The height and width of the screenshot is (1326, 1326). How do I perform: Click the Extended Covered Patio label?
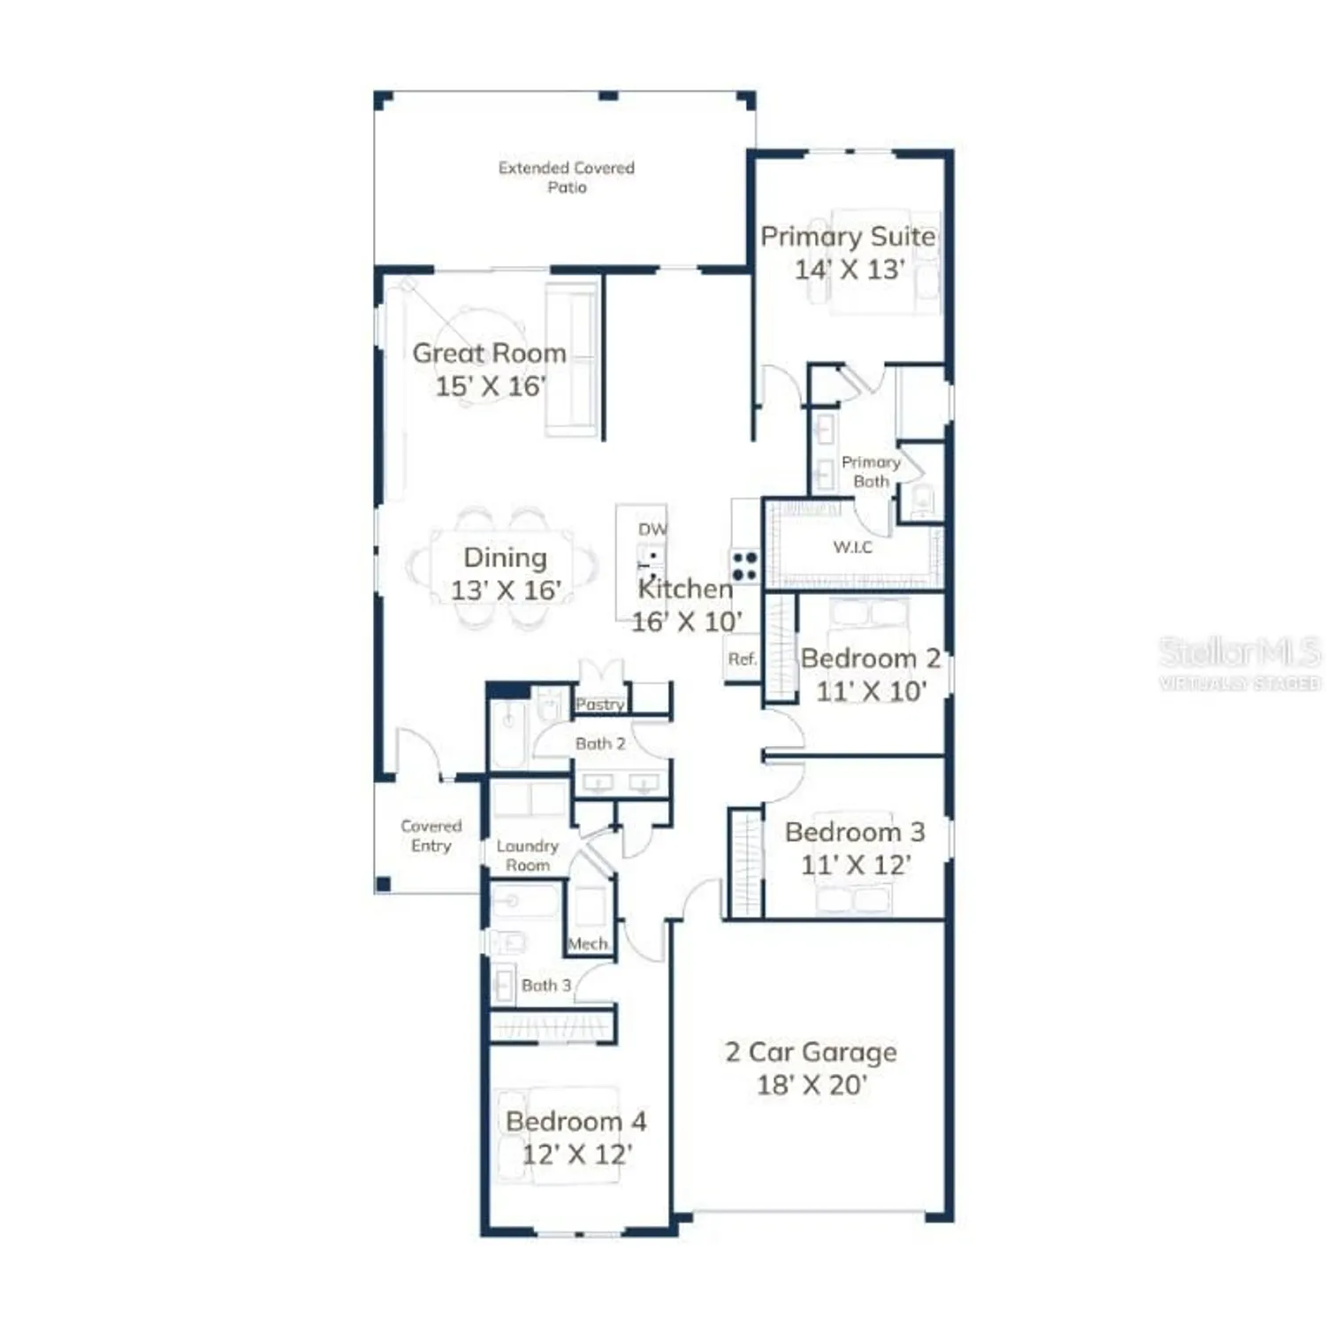click(566, 177)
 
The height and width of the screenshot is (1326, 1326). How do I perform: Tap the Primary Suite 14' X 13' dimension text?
click(849, 270)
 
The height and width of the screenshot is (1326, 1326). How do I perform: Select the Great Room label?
click(489, 353)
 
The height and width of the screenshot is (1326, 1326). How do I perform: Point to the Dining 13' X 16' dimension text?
click(506, 590)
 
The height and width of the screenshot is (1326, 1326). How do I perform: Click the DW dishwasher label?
click(652, 529)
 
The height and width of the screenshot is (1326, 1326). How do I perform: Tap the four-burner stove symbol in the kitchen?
click(744, 566)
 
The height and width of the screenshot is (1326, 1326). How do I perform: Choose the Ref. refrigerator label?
click(742, 659)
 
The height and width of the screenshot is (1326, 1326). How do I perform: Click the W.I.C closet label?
click(852, 547)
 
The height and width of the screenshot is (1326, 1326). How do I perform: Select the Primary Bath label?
click(871, 471)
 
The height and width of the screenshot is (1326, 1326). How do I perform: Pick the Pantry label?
click(600, 704)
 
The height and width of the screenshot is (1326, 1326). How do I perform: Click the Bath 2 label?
click(600, 743)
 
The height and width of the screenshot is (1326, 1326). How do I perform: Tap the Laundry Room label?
click(527, 855)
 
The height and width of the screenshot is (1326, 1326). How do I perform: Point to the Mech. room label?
click(588, 943)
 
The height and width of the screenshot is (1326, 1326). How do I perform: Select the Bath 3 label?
click(545, 985)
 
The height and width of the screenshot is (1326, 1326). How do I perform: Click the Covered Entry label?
click(431, 835)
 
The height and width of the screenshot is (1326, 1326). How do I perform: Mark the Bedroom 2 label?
click(870, 659)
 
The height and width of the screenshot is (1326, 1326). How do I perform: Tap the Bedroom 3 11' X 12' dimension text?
click(855, 865)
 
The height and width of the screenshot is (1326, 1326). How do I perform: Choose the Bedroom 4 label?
click(575, 1121)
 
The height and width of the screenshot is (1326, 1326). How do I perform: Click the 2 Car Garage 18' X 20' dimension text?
click(812, 1085)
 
